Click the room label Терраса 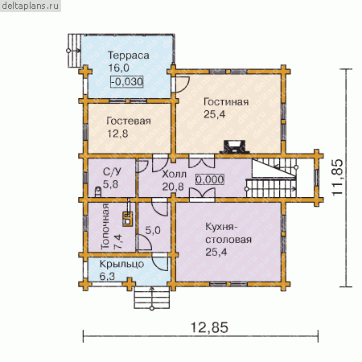coord(129,56)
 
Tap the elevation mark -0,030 coord(127,81)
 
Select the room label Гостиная coord(226,102)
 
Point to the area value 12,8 coord(117,134)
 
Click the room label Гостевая coord(129,121)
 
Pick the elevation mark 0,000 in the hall coord(210,179)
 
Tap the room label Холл coord(175,174)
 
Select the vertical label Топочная coord(105,227)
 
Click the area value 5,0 coord(153,230)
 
